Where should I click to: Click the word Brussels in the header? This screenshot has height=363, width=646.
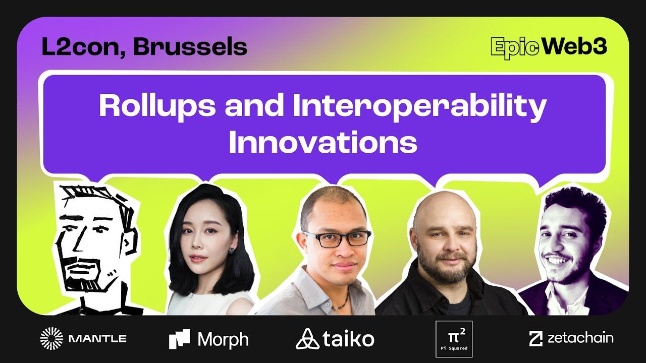[190, 47]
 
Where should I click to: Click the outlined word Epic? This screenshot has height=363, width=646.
[515, 48]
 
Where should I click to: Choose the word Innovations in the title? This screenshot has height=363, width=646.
[323, 143]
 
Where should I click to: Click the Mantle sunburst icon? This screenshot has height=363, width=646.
[51, 338]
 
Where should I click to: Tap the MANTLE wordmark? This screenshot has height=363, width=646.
[97, 338]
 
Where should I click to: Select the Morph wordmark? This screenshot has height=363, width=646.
[223, 340]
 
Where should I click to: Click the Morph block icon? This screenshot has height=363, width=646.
[179, 339]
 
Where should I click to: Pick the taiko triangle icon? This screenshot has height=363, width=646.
[307, 339]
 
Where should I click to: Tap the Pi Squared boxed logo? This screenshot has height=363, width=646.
[454, 339]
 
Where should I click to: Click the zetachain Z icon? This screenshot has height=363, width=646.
[536, 338]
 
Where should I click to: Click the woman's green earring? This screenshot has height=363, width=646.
[232, 251]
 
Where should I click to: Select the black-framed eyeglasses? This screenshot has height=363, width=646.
[337, 239]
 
